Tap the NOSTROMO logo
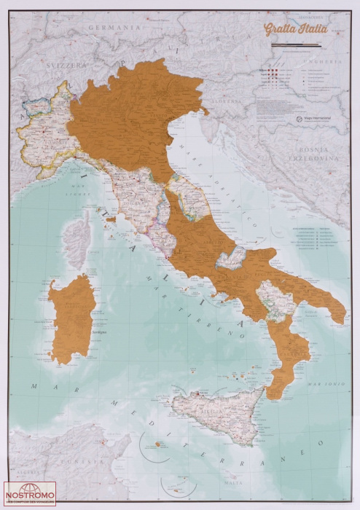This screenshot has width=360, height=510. coord(30,493)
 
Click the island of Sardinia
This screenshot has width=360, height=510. coord(71,318)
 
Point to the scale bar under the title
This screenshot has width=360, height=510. coord(297,45)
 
